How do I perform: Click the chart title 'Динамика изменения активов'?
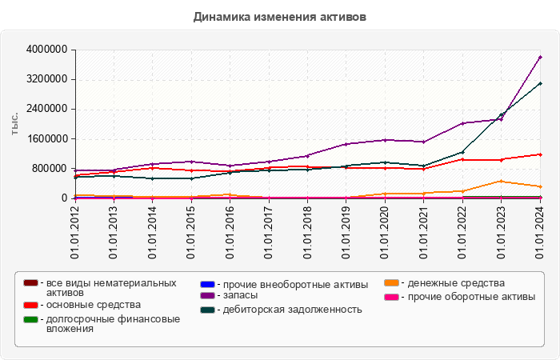tap(280, 17)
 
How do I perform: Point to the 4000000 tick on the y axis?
tap(46, 50)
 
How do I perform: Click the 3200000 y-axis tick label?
tap(46, 79)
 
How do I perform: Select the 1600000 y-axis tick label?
tap(46, 138)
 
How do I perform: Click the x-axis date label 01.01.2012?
tap(74, 232)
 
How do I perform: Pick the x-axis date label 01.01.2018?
tap(307, 232)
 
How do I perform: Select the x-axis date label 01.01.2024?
tap(540, 232)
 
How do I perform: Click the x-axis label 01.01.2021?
tap(424, 232)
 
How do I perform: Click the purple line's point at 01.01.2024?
tap(540, 57)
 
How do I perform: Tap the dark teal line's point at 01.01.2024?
tap(540, 83)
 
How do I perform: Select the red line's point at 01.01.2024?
tap(540, 154)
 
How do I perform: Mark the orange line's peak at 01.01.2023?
tap(502, 181)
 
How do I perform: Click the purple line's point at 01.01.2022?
tap(462, 123)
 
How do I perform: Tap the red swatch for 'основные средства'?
tap(30, 305)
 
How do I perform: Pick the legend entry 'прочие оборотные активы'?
tap(467, 296)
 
